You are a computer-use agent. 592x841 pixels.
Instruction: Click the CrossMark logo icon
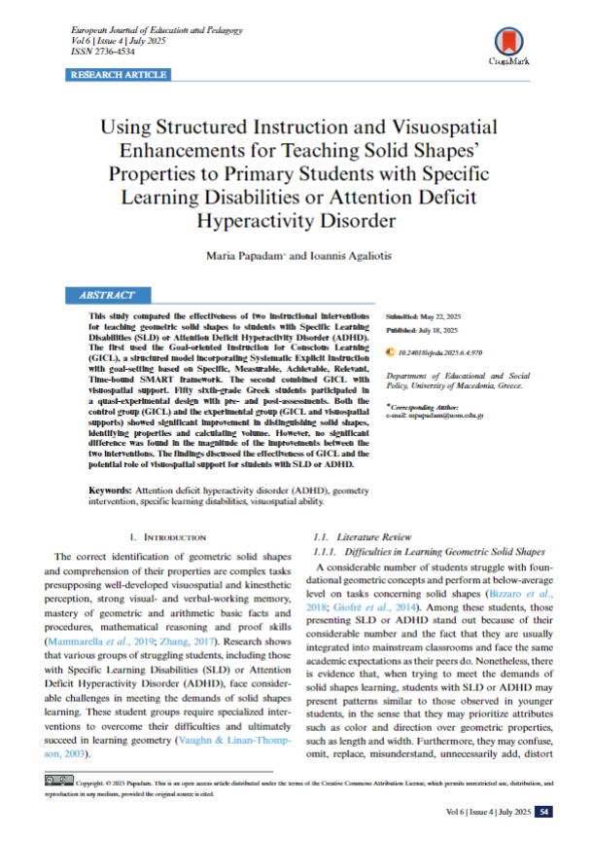point(506,41)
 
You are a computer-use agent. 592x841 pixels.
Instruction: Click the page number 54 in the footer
point(545,812)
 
